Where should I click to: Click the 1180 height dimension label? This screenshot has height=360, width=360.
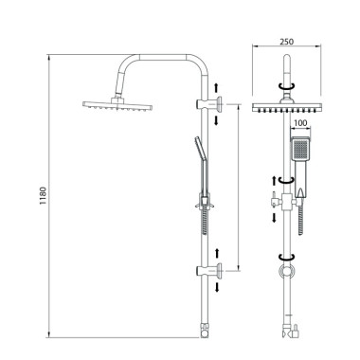pos(43,196)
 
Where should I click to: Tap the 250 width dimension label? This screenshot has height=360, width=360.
pos(286,42)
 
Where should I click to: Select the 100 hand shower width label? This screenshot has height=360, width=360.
pos(300,123)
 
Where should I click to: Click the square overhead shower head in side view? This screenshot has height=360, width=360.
pos(117,104)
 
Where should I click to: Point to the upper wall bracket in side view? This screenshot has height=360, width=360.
pos(209,103)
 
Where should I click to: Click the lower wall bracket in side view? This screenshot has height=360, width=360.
pos(209,271)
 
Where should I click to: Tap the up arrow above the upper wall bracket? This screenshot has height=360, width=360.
pos(216,87)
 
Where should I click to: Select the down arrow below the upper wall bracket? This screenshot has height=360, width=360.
pos(216,120)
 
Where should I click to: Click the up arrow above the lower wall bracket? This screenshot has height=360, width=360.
pos(217,254)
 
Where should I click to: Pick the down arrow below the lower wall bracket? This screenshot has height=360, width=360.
pos(217,287)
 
